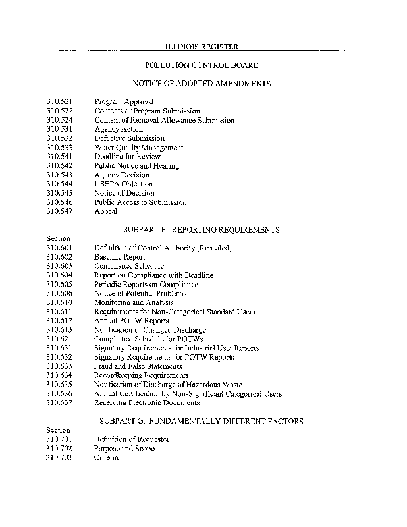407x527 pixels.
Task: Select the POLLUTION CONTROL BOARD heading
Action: [x=202, y=65]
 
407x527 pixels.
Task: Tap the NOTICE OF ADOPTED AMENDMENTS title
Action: [x=202, y=84]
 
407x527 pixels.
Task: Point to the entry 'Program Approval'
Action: [x=124, y=102]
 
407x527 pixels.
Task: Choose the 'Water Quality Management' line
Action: [x=139, y=148]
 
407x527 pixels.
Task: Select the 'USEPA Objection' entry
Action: [x=123, y=184]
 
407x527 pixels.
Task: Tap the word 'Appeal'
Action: [x=106, y=211]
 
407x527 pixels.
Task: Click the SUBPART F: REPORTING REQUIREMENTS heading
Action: [x=202, y=229]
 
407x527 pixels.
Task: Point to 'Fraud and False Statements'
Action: [x=138, y=366]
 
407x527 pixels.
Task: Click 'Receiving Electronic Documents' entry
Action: [x=147, y=402]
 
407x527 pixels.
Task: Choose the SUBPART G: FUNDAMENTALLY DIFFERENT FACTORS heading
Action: [x=202, y=420]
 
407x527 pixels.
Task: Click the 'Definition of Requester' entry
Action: [x=132, y=439]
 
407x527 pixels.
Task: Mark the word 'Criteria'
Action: [x=106, y=457]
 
